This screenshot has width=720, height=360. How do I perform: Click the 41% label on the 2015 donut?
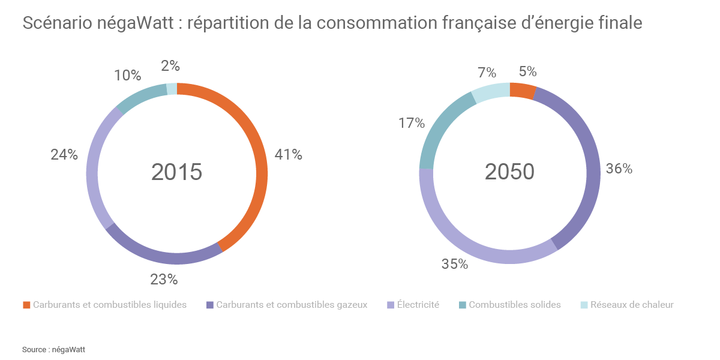point(288,155)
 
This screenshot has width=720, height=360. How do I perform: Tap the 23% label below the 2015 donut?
point(164,279)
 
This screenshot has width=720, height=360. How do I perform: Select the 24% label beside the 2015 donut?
point(64,155)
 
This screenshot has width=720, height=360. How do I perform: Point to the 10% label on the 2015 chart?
point(127,76)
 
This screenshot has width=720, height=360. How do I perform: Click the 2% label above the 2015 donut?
point(170,66)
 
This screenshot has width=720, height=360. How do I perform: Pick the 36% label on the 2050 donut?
point(619,169)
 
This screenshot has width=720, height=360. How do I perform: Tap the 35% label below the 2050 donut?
point(454,264)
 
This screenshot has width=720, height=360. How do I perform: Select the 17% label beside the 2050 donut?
point(412,124)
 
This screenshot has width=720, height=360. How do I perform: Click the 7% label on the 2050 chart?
point(487,73)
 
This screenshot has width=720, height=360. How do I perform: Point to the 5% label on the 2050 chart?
point(527,72)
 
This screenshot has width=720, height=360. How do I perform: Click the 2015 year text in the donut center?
point(176,172)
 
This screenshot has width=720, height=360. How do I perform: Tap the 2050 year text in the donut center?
point(509,172)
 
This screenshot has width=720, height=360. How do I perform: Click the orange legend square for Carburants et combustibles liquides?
point(26,305)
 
